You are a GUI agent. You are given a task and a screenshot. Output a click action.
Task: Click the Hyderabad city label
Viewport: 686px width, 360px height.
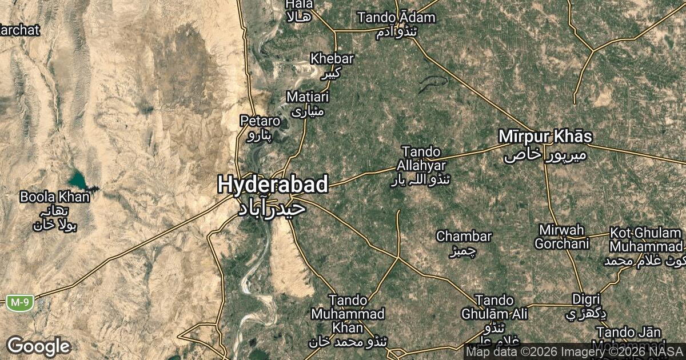(273, 185)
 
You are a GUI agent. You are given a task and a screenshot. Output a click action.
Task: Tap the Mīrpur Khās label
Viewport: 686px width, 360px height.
(545, 137)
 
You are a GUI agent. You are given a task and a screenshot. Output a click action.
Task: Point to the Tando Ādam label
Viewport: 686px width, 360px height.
(396, 18)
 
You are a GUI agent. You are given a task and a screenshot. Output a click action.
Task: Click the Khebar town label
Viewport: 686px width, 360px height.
(332, 58)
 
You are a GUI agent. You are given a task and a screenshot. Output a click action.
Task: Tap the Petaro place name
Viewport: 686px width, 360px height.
(260, 121)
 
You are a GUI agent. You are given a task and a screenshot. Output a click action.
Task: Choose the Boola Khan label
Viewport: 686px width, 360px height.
(55, 198)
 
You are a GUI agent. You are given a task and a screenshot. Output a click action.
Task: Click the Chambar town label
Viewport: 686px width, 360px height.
(464, 236)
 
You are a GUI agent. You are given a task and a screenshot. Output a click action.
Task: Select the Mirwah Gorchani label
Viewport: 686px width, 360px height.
(561, 237)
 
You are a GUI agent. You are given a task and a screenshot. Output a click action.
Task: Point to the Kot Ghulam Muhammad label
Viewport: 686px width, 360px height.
(646, 240)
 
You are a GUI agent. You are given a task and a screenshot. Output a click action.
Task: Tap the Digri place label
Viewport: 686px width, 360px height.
(586, 299)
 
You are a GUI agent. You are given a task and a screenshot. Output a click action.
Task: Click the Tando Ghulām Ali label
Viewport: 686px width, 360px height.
(494, 307)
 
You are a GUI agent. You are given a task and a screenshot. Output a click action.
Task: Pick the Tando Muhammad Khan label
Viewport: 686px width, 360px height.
(348, 314)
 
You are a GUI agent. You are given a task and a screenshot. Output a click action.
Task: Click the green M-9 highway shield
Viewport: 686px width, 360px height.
(20, 302)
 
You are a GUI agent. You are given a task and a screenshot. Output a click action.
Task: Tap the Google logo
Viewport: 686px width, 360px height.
(38, 346)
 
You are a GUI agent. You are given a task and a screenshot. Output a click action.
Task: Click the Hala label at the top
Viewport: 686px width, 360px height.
(299, 5)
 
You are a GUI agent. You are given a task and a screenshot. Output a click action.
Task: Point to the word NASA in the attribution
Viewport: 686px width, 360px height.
(669, 351)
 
